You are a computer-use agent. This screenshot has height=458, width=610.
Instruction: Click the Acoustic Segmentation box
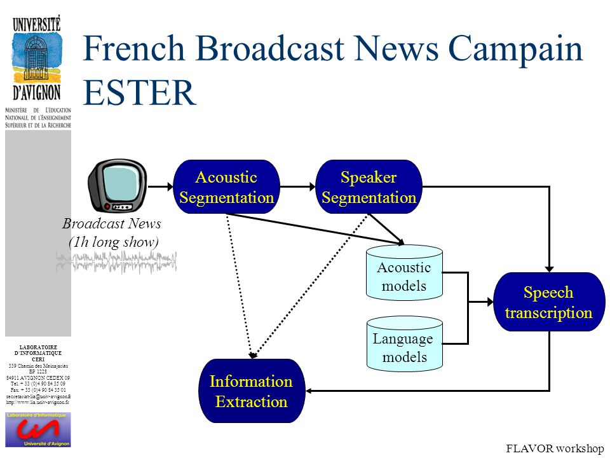click(226, 187)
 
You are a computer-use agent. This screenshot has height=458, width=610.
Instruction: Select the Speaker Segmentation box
click(369, 187)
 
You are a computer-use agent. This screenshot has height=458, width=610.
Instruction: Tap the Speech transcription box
click(548, 302)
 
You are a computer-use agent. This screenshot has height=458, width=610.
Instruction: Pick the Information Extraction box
click(251, 391)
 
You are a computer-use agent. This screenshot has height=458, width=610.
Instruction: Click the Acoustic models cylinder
click(404, 274)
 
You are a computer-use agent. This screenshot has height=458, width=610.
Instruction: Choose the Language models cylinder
click(404, 344)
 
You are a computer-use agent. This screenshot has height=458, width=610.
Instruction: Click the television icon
click(117, 186)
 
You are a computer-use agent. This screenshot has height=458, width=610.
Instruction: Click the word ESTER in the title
click(139, 92)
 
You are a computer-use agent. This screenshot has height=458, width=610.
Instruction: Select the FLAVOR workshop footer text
click(555, 449)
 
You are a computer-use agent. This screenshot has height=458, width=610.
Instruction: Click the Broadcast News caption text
click(112, 224)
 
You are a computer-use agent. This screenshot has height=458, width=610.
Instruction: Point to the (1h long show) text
click(113, 242)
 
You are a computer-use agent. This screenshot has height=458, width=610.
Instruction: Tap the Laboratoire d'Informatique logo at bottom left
click(38, 429)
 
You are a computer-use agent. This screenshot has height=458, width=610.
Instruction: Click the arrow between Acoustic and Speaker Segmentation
click(298, 186)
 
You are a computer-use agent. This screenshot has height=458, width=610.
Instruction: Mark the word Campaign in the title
click(515, 50)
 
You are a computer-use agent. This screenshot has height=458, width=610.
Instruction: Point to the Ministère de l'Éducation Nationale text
click(38, 117)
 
